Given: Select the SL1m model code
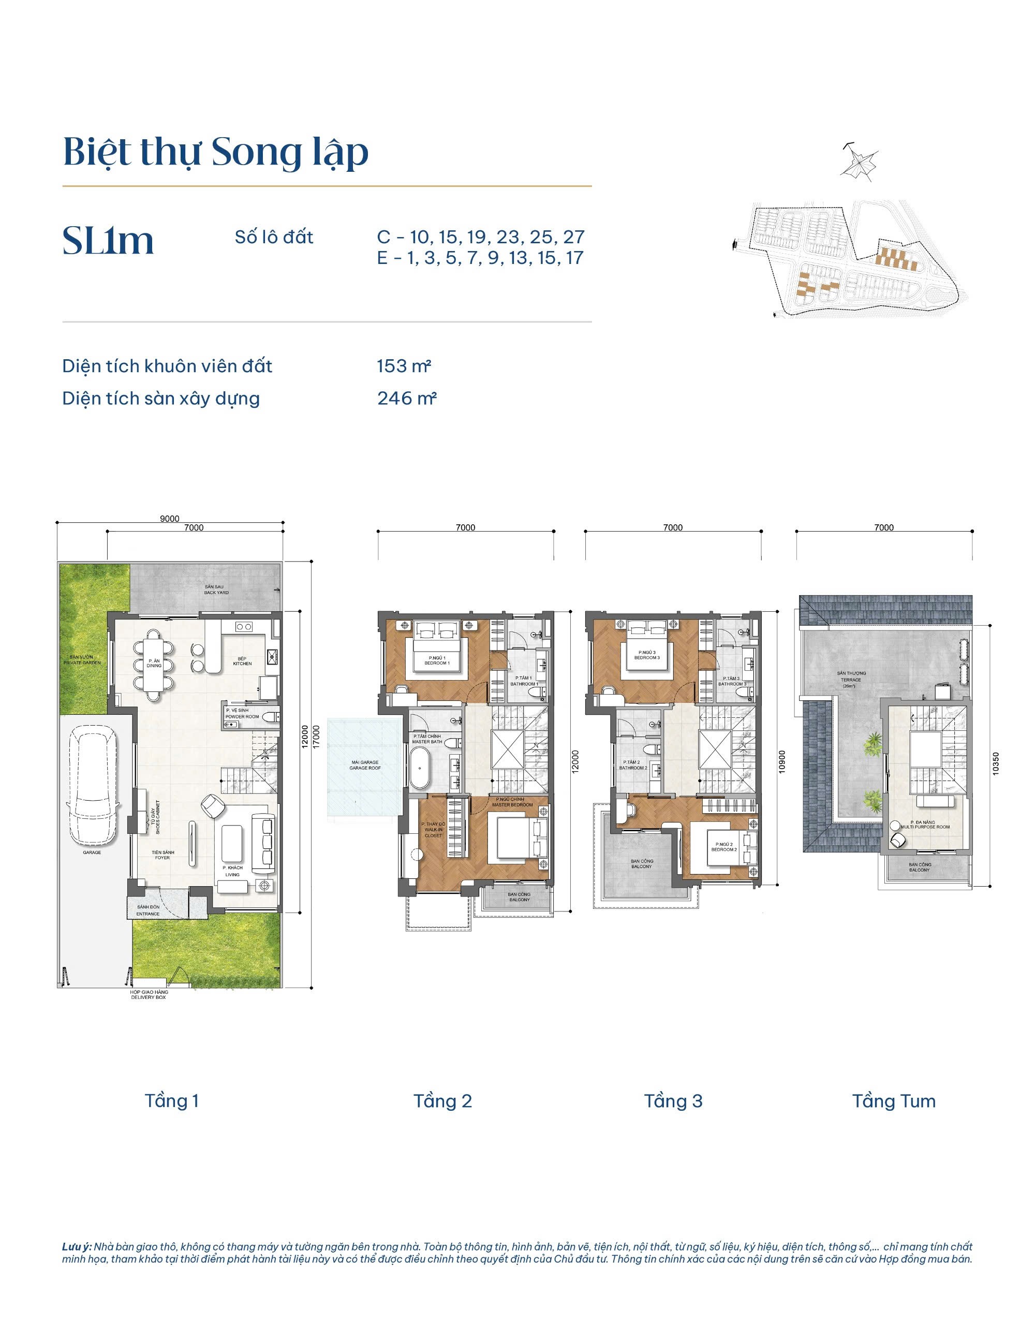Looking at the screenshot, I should [x=108, y=241].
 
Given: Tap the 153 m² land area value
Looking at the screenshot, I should [x=404, y=366].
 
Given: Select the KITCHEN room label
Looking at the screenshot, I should [x=242, y=661].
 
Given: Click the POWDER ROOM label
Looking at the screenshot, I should [x=242, y=713].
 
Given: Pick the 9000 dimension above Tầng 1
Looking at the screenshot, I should [x=170, y=519].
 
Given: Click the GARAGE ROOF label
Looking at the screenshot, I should [x=365, y=765].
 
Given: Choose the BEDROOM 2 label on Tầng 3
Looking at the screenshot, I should [x=724, y=846].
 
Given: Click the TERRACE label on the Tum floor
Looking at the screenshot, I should [x=851, y=677].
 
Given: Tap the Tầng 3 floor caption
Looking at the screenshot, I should [x=673, y=1101].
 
